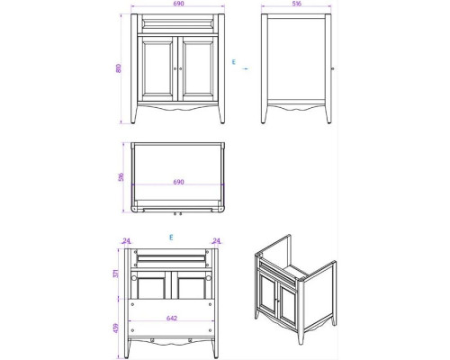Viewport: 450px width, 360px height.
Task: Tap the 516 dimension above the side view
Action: pos(296,4)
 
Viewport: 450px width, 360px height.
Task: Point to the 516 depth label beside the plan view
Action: pos(120,177)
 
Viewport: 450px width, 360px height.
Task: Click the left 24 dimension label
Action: pos(127,240)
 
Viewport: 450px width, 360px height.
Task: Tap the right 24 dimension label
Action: pos(217,240)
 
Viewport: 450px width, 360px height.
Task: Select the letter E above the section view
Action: pos(170,238)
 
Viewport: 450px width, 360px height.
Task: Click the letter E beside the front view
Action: pos(232,62)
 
